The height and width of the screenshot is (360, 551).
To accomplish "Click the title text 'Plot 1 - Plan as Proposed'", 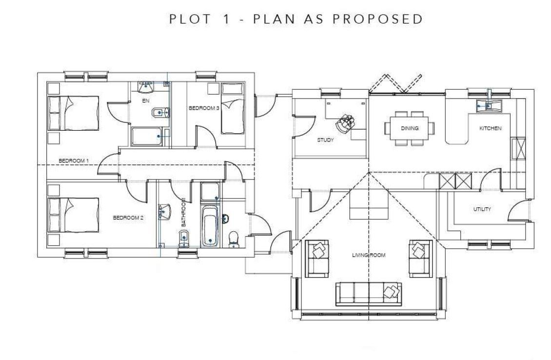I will point(295,19).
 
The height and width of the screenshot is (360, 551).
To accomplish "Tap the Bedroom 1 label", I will point(74,160).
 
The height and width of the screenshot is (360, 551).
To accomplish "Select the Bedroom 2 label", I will point(128,218).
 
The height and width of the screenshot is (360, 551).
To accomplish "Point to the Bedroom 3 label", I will point(204,108).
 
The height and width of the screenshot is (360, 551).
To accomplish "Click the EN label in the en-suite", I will point(145,101).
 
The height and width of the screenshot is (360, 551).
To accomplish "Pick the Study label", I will point(325,140).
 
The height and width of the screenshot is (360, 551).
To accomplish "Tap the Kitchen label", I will point(490,128).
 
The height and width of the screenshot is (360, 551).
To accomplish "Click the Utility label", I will point(482,209).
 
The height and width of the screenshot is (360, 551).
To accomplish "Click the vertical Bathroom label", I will point(184,213).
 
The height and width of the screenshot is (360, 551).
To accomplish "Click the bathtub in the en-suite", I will point(149,137).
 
